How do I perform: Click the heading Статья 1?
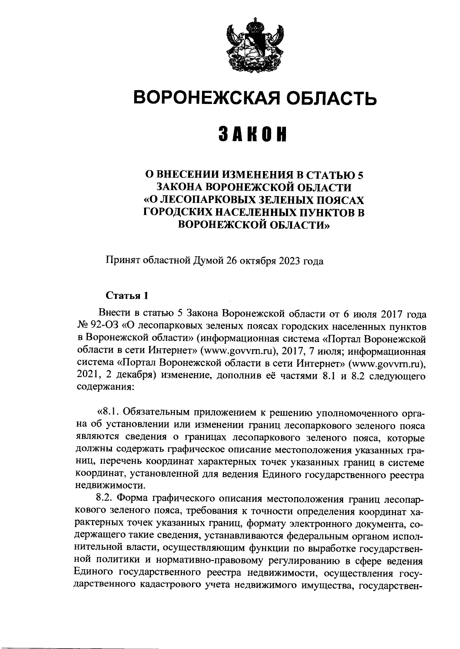[x=127, y=295]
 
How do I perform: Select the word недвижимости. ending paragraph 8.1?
[x=110, y=485]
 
